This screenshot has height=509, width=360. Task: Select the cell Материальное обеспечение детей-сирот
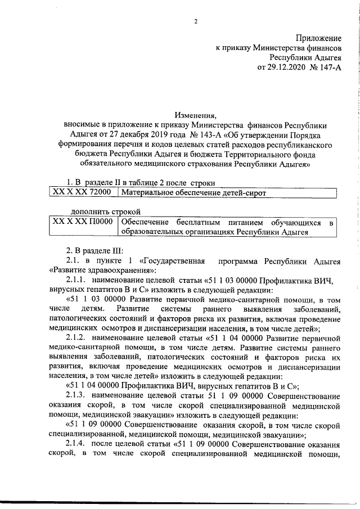(192, 192)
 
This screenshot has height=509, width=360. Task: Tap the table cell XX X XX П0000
(82, 223)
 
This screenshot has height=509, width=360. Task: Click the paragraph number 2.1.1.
(74, 280)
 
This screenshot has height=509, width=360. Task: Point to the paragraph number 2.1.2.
(74, 337)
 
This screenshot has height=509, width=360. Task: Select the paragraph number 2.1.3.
(74, 395)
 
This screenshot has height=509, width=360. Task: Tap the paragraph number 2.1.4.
(74, 444)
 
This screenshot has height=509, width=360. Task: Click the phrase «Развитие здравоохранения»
(94, 270)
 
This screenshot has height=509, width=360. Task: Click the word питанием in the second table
(239, 223)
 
